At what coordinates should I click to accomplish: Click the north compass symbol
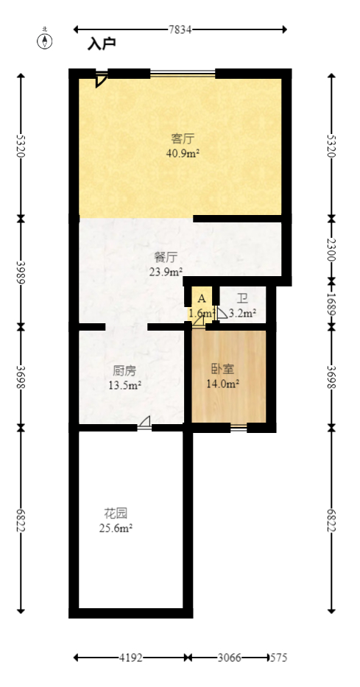[46, 40]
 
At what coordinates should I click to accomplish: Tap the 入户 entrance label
[102, 45]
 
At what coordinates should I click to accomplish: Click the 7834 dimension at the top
[180, 29]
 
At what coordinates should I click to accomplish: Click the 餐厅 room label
[166, 257]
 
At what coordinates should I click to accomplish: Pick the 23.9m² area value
[166, 271]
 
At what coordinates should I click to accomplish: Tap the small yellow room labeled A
[201, 298]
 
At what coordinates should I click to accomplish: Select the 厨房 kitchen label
[124, 370]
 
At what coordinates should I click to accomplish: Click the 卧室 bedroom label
[223, 370]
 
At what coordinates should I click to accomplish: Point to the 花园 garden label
[116, 513]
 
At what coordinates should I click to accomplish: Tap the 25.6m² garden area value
[116, 527]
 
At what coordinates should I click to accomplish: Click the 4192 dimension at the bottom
[130, 657]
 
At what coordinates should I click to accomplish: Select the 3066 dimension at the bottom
[229, 657]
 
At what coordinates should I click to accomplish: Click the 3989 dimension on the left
[21, 272]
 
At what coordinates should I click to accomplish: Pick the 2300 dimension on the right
[331, 248]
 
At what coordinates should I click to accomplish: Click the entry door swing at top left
[101, 80]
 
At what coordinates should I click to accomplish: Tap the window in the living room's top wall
[183, 73]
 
